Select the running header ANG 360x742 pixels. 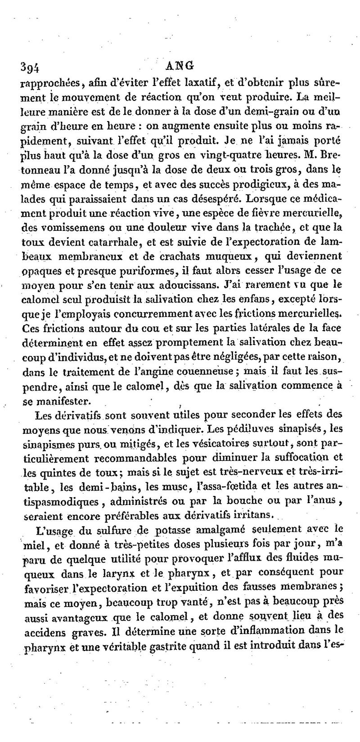click(180, 65)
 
